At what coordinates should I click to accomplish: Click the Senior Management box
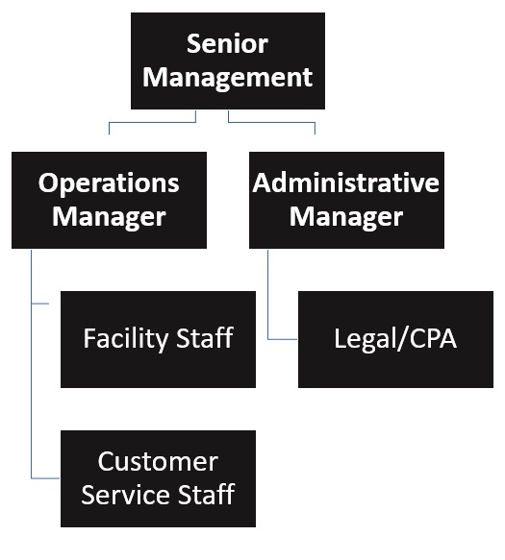click(x=227, y=60)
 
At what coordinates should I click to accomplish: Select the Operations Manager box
click(x=109, y=200)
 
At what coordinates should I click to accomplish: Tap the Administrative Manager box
click(x=346, y=200)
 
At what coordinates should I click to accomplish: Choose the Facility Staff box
click(x=158, y=339)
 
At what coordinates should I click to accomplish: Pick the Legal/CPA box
click(x=395, y=339)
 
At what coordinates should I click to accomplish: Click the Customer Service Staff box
click(x=158, y=478)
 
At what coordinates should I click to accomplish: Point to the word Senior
click(x=227, y=44)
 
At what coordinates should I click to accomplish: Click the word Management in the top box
click(x=227, y=77)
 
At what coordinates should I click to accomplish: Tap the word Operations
click(x=109, y=183)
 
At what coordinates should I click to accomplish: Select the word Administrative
click(x=346, y=183)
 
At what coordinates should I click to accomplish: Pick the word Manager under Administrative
click(x=346, y=217)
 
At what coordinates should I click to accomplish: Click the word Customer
click(x=158, y=462)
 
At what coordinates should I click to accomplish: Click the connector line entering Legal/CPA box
click(x=283, y=339)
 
